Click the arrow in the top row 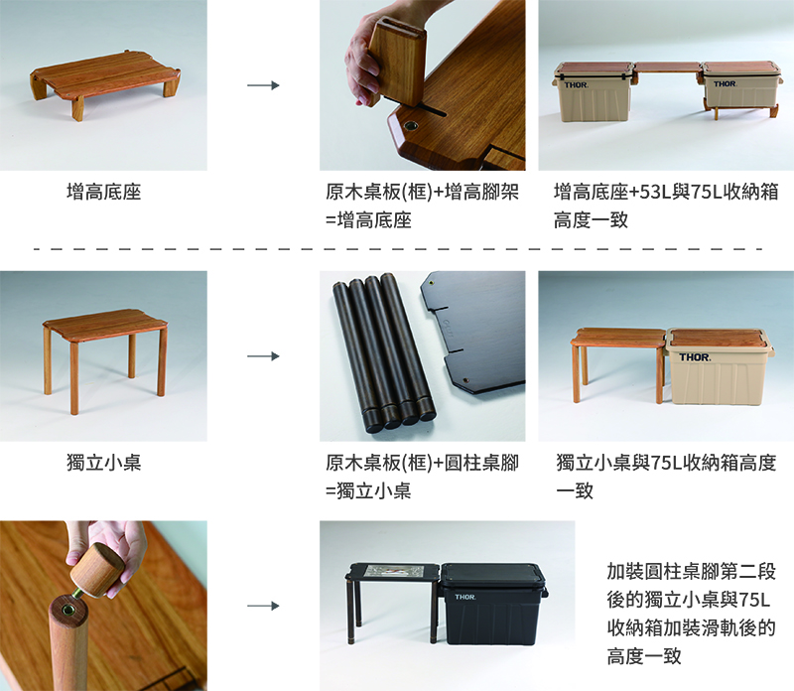263,85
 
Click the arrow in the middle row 263,356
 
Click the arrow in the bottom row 263,606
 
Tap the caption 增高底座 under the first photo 104,192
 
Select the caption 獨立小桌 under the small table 104,463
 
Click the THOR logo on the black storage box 464,597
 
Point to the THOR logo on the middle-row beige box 695,357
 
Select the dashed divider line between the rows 398,249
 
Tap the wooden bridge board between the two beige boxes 667,68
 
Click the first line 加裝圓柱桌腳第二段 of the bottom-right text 691,571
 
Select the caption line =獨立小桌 368,490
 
